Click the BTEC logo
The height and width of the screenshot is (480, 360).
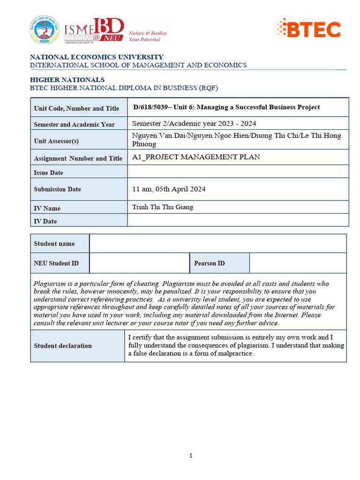307,29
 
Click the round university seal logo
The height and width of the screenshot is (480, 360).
45,30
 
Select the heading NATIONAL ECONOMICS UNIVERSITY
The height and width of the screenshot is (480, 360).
97,57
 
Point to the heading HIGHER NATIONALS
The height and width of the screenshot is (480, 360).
67,80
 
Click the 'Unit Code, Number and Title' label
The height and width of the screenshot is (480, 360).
76,108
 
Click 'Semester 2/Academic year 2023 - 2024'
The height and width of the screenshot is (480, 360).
194,124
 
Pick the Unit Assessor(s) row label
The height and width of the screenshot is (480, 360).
56,141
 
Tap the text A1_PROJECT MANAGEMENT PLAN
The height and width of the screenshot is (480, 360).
196,157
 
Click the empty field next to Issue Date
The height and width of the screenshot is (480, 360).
238,172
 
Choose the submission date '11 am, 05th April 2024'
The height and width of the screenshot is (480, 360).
169,189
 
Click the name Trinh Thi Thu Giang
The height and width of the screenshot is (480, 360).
163,207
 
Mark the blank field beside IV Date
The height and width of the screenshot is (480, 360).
238,220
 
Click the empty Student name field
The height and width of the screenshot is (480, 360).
217,243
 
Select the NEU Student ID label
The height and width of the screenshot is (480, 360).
56,263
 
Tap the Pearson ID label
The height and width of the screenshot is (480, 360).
209,263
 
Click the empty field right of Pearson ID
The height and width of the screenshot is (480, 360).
298,263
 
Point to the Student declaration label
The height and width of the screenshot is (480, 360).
63,346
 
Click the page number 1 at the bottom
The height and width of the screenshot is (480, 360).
191,456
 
